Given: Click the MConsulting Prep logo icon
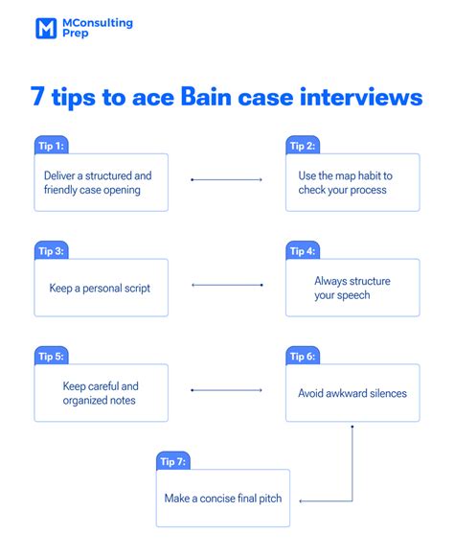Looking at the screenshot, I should pos(46,28).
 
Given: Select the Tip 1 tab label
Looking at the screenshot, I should pos(49,146).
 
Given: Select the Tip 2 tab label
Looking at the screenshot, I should pos(301,146).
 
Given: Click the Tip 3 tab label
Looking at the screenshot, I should pos(49,251).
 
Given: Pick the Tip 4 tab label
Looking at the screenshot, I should pos(301,251).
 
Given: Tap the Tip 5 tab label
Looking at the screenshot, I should pos(49,356).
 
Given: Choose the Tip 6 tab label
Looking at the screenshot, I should pos(301,356).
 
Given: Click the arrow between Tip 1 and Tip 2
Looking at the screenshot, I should pos(227,179).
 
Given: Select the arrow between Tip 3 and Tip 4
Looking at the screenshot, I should pos(227,285).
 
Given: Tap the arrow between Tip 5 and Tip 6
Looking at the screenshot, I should pos(227,390).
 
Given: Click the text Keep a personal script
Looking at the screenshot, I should pos(101,288).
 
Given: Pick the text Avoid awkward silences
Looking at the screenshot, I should pos(352,393).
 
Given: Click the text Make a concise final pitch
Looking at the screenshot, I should pos(222,498).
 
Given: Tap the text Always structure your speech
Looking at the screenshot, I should pos(352,288).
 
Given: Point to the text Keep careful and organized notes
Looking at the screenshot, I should pos(101,393).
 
